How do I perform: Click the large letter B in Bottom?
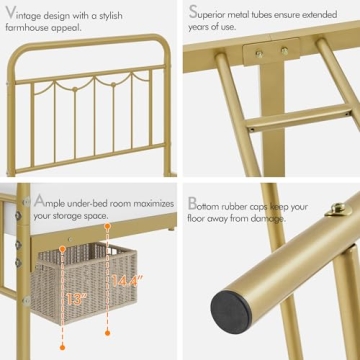click(x=193, y=203)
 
